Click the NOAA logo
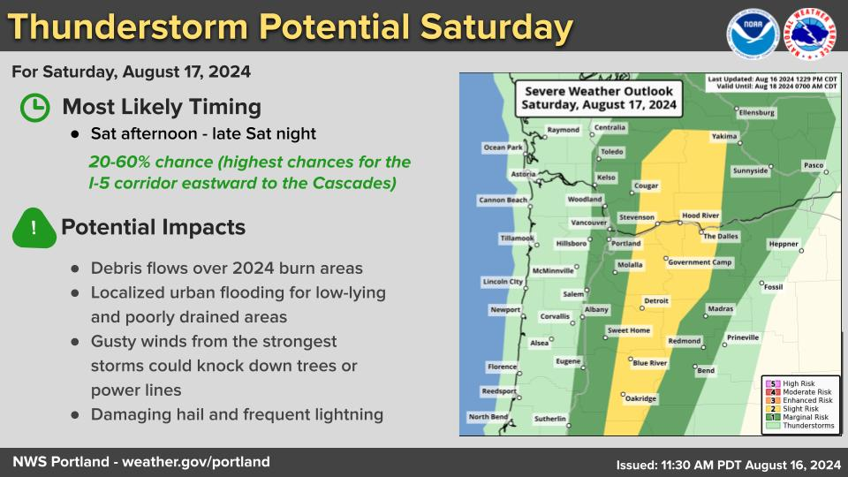coord(753,34)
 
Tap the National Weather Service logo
coord(810,34)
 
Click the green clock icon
coord(35,107)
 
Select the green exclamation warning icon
coord(34,228)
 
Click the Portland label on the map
coord(625,244)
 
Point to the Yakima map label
coord(724,136)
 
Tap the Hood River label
coord(700,216)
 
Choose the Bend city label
coord(706,370)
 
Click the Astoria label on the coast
coord(523,174)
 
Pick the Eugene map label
coord(568,361)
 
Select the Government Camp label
coord(700,262)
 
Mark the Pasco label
coord(814,165)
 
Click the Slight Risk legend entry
coord(799,409)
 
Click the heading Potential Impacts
coord(153,227)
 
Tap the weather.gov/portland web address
coord(196,462)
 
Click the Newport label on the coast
coord(505,310)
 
